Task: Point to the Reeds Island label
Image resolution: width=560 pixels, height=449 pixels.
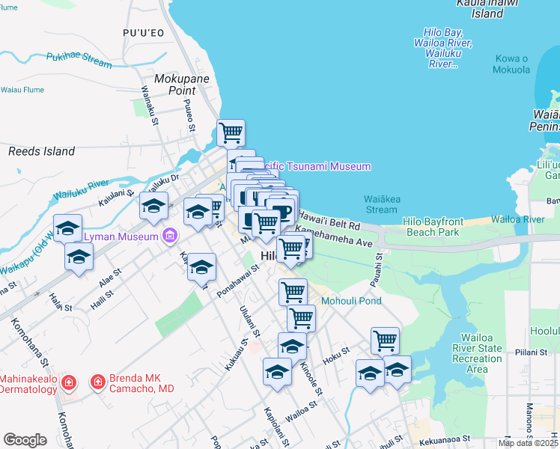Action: pos(41,151)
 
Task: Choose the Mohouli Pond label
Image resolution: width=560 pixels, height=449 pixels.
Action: pos(351,301)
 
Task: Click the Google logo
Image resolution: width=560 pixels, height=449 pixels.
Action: pos(25,440)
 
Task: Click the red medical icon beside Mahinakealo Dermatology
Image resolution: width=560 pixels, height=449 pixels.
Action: pos(68,382)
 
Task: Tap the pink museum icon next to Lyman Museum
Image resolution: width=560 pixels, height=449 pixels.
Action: pos(170,236)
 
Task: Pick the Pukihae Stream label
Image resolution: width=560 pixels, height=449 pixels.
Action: pos(79,60)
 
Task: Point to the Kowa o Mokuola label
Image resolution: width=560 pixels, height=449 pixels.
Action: pos(511,64)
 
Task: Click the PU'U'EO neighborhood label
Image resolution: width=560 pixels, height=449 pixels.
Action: pos(142,32)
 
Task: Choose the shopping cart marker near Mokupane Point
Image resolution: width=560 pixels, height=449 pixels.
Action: pos(231,132)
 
